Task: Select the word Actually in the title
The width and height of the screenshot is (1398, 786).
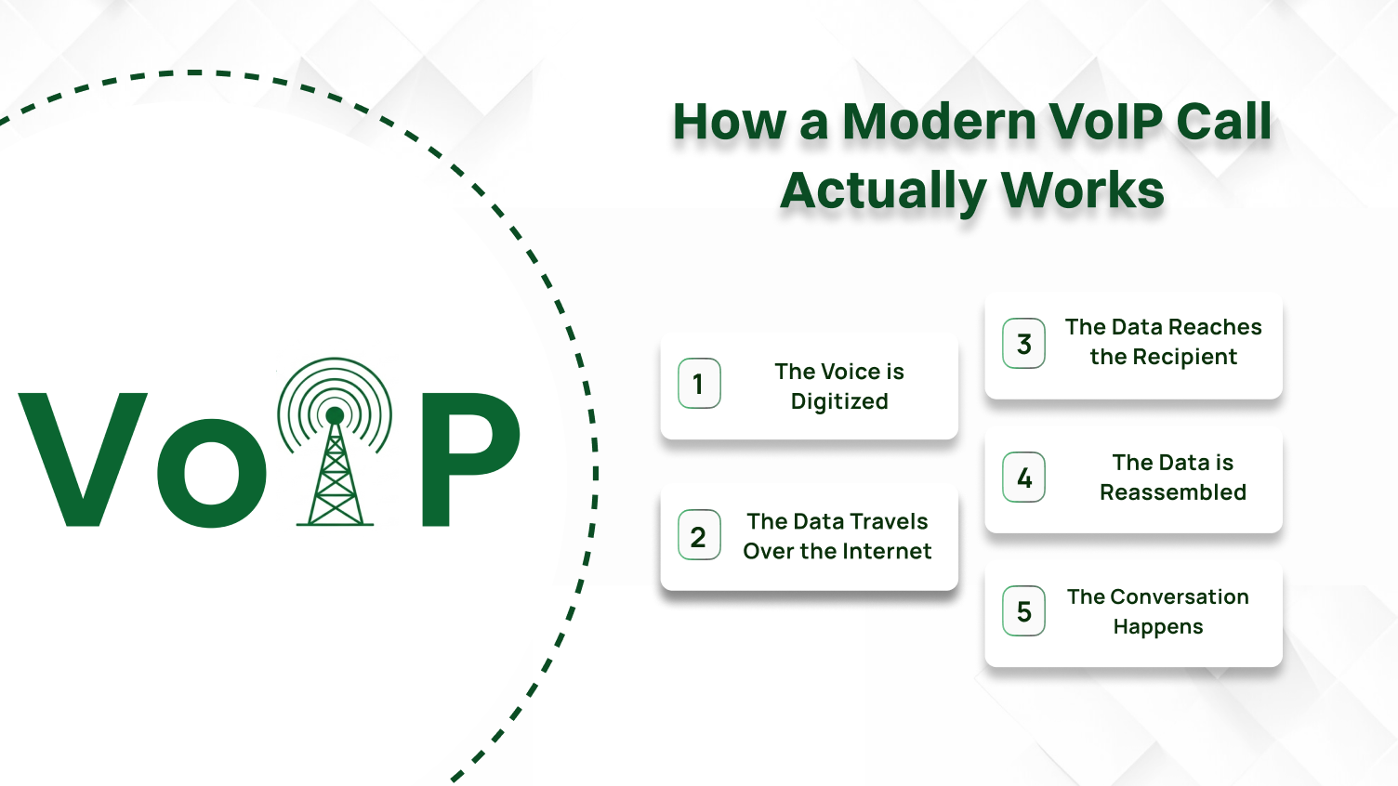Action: (x=882, y=191)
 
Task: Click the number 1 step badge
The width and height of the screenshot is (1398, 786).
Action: (x=699, y=383)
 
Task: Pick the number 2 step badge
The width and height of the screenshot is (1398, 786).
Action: (x=699, y=535)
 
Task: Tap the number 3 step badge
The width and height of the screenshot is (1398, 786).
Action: (x=1023, y=343)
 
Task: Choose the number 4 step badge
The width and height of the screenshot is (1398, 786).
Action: (x=1023, y=478)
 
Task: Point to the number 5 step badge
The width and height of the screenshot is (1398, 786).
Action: (x=1023, y=611)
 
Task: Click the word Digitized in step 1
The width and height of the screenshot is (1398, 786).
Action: (x=839, y=401)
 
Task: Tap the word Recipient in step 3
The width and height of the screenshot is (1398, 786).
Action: (x=1190, y=357)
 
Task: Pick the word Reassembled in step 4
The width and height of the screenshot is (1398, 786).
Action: (x=1173, y=492)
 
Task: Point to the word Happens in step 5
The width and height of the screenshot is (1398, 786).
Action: (x=1158, y=627)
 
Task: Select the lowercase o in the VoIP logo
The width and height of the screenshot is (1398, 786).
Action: (x=212, y=472)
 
